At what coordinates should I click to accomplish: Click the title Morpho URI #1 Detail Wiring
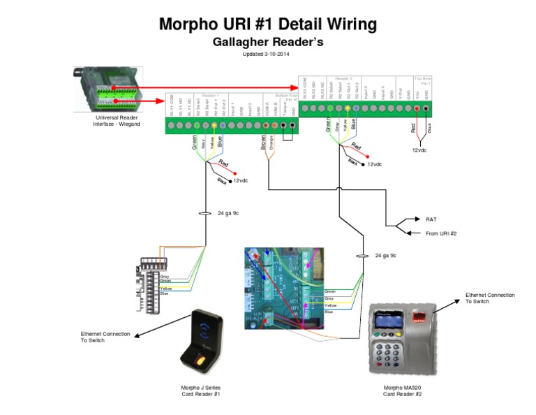(x=268, y=24)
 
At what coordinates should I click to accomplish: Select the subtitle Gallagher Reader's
(x=268, y=43)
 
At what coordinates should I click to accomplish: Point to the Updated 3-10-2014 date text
(x=268, y=54)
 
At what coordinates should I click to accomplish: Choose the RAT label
(x=431, y=219)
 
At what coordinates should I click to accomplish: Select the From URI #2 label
(x=440, y=233)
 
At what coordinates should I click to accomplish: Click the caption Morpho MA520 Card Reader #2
(x=403, y=391)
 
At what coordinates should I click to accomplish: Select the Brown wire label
(x=263, y=143)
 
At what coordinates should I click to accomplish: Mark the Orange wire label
(x=271, y=143)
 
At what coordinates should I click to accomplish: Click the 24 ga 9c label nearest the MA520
(x=386, y=256)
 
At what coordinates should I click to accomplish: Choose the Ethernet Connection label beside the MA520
(x=491, y=298)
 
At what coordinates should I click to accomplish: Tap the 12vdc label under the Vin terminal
(x=419, y=150)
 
